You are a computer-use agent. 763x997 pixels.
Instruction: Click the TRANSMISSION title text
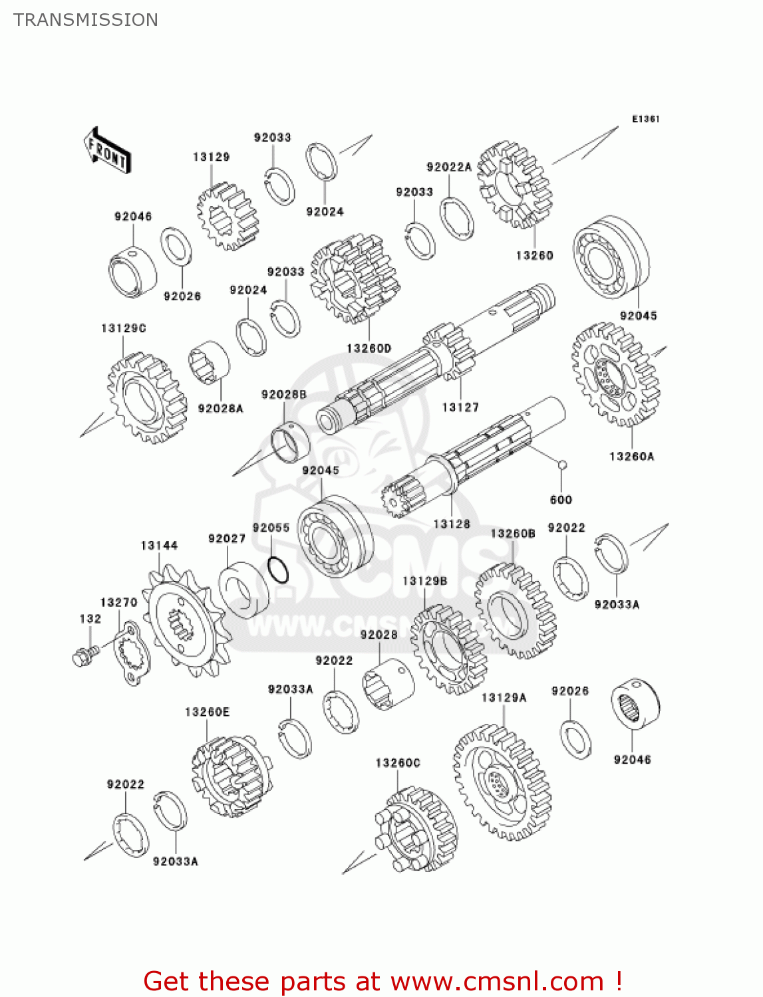[86, 20]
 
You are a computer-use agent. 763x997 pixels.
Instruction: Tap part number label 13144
[159, 546]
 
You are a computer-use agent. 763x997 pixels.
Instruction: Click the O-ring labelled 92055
[277, 569]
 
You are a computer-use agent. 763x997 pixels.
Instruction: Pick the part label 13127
[460, 407]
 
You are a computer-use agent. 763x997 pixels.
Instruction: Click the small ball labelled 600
[562, 465]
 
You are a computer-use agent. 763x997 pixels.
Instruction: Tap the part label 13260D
[369, 348]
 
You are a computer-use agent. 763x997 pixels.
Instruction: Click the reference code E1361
[645, 119]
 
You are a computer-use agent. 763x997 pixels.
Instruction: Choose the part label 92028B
[284, 395]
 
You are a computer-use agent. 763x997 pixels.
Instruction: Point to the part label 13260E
[207, 713]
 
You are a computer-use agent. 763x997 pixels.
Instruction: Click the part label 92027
[227, 538]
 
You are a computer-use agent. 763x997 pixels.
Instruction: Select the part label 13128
[452, 524]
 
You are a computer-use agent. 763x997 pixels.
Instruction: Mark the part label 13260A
[631, 456]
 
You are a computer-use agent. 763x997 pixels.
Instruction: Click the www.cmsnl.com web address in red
[497, 982]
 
